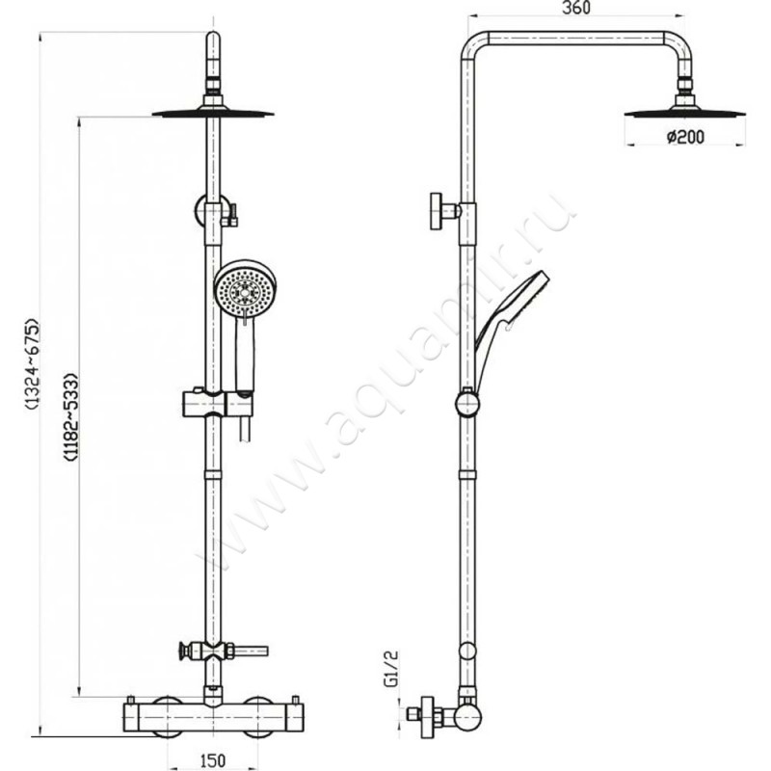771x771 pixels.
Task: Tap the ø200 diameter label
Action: [685, 137]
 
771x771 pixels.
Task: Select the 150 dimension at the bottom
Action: [214, 759]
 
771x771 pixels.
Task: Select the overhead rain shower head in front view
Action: [213, 112]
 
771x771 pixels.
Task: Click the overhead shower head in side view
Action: [685, 112]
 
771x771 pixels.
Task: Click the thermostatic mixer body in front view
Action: [213, 719]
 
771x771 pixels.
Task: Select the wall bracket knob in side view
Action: [440, 212]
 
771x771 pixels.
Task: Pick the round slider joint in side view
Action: [466, 403]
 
